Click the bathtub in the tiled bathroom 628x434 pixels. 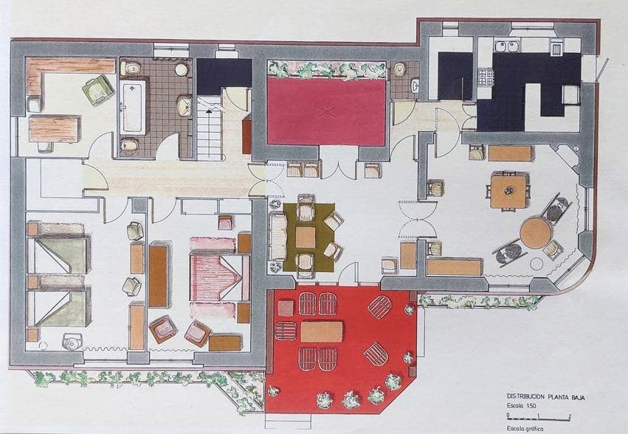[133, 107]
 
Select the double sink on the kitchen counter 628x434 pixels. [506, 46]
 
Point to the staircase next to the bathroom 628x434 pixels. [210, 130]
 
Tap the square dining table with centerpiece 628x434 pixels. [508, 191]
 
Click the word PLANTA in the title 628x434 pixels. [559, 396]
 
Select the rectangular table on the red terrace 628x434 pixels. [321, 332]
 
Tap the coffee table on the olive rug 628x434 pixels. [306, 237]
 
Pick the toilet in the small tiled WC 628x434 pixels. [399, 70]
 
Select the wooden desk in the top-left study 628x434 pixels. [54, 128]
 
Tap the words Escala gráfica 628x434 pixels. [527, 428]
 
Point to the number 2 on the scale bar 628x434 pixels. [569, 416]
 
